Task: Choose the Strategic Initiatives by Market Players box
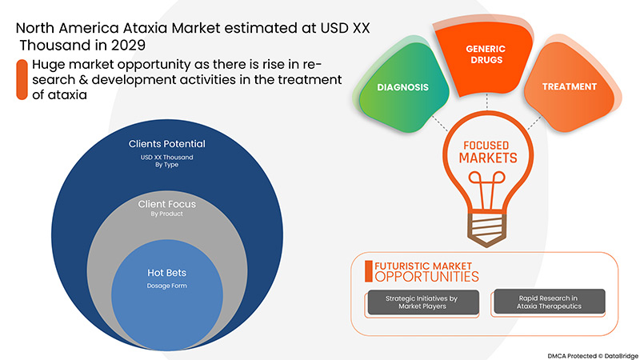tap(421, 302)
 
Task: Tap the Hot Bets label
tap(167, 272)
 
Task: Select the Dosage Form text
tap(167, 286)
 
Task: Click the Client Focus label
tap(167, 204)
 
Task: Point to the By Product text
tap(167, 215)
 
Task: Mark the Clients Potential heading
tap(167, 144)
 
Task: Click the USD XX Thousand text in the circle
tap(167, 157)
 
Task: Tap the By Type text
tap(167, 166)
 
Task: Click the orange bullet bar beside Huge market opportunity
tap(22, 78)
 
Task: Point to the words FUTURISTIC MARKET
tap(422, 264)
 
